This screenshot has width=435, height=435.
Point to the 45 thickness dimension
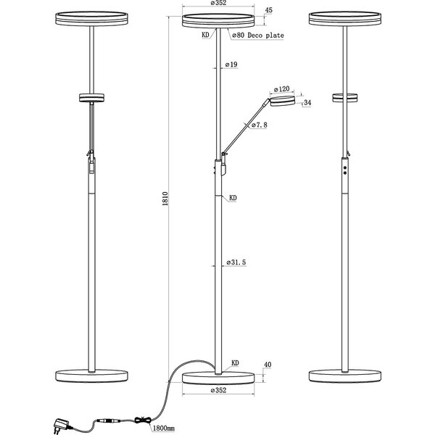click(x=269, y=10)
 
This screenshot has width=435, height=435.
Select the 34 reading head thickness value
click(x=307, y=102)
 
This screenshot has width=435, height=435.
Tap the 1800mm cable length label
click(x=167, y=428)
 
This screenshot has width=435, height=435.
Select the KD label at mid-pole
click(x=233, y=196)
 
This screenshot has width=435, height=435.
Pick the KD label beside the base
click(x=236, y=362)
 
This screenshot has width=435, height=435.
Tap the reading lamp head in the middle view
click(x=283, y=101)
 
